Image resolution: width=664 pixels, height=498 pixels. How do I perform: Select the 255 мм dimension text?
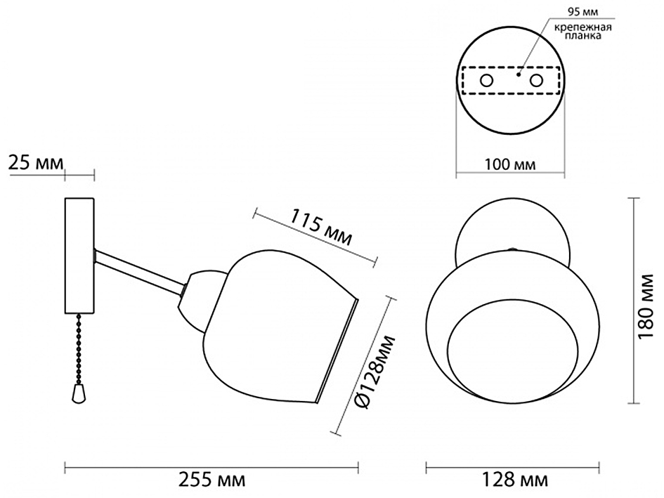211,480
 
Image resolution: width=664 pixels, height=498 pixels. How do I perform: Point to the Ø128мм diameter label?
374,371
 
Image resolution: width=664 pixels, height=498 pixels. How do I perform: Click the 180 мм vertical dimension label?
646,306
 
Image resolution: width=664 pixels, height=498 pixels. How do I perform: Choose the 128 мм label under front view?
514,480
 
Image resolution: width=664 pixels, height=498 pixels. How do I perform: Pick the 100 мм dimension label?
510,164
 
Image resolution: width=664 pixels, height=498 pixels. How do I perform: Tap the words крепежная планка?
583,32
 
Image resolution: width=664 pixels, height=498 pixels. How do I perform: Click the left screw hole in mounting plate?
486,80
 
